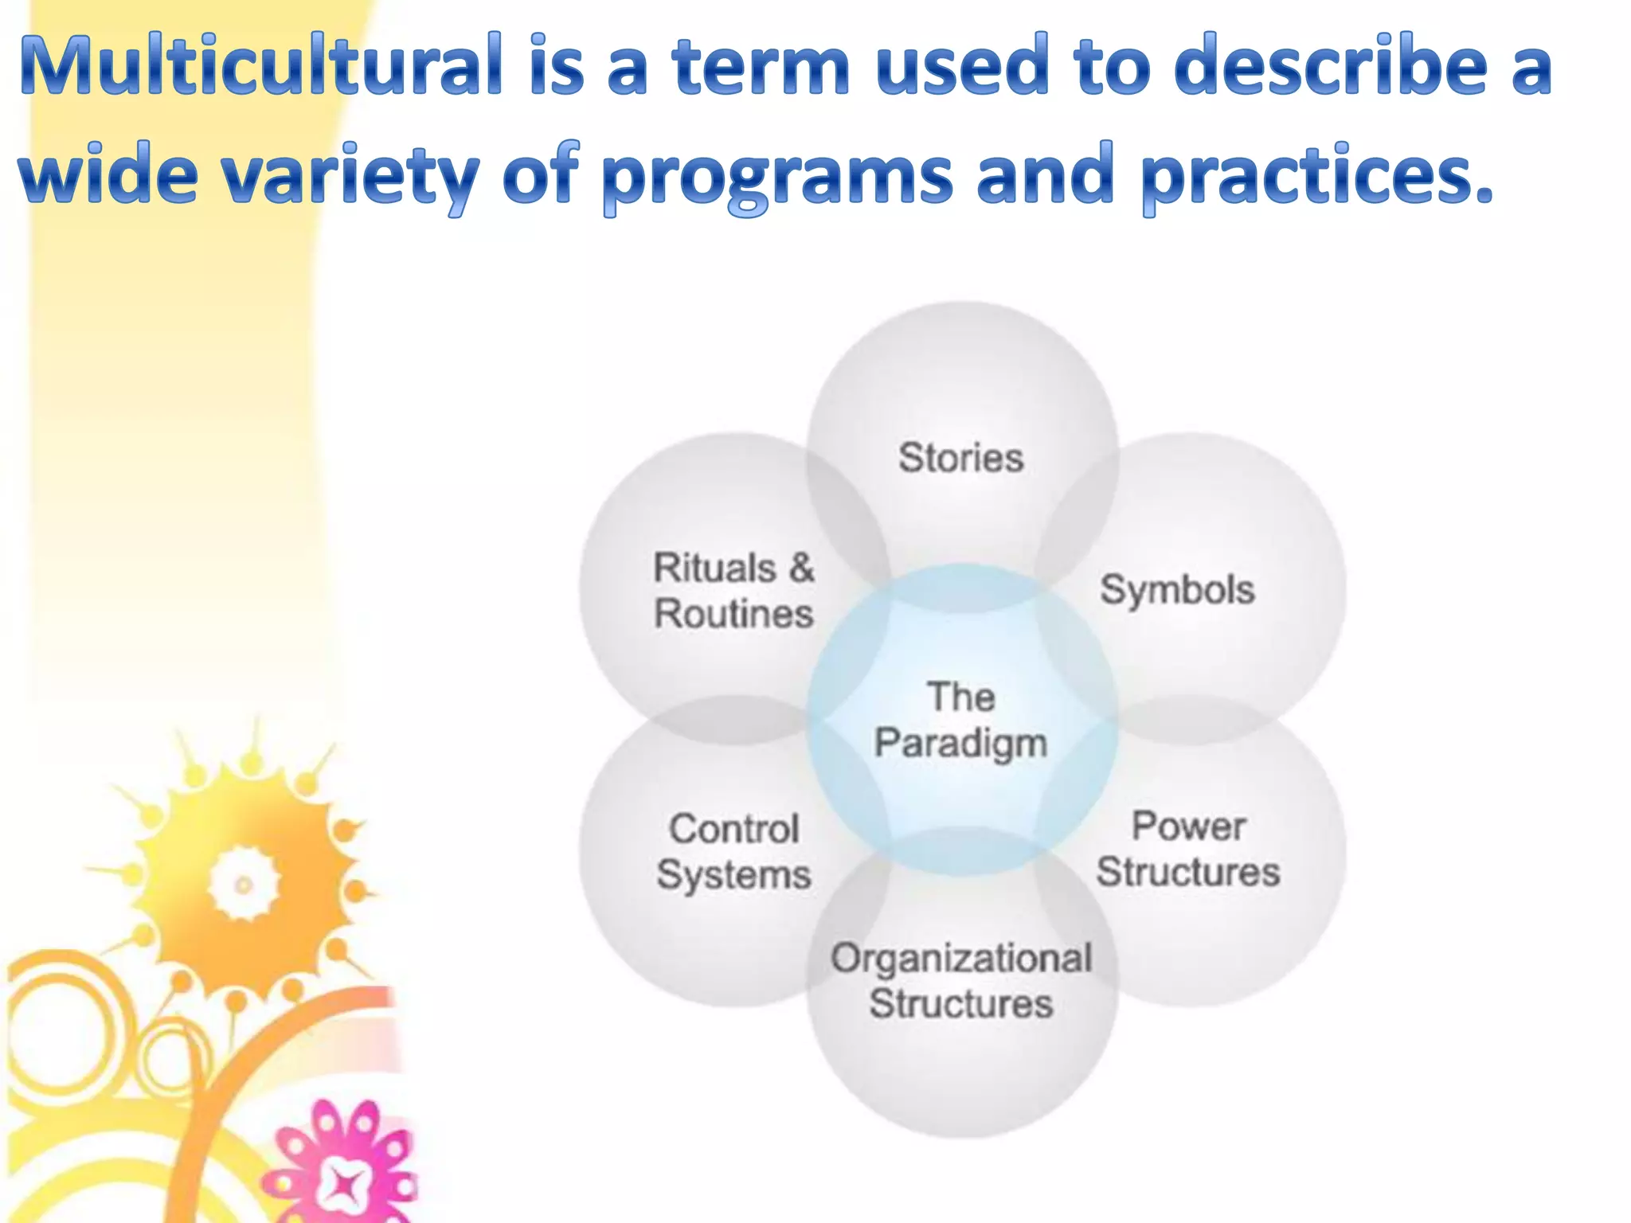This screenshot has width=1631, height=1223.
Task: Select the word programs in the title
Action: [x=776, y=177]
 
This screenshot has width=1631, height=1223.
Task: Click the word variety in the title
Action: [x=350, y=177]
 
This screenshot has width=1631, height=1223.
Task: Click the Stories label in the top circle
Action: [x=961, y=458]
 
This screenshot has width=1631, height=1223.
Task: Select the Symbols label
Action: [x=1177, y=591]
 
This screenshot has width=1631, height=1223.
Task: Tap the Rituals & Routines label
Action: [x=733, y=591]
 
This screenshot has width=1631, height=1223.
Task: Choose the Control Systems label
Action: [x=733, y=852]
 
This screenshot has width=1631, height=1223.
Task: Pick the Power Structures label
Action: [x=1188, y=849]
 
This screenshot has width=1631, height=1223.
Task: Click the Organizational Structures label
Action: [x=961, y=981]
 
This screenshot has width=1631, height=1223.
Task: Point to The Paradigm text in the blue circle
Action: [x=961, y=720]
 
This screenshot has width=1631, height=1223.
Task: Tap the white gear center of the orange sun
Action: [x=244, y=885]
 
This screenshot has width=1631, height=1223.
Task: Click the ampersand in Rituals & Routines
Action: [x=801, y=569]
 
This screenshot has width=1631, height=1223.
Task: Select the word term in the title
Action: [x=761, y=65]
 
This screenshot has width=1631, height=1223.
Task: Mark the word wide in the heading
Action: [x=108, y=177]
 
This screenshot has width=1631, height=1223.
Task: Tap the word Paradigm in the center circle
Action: [x=961, y=744]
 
